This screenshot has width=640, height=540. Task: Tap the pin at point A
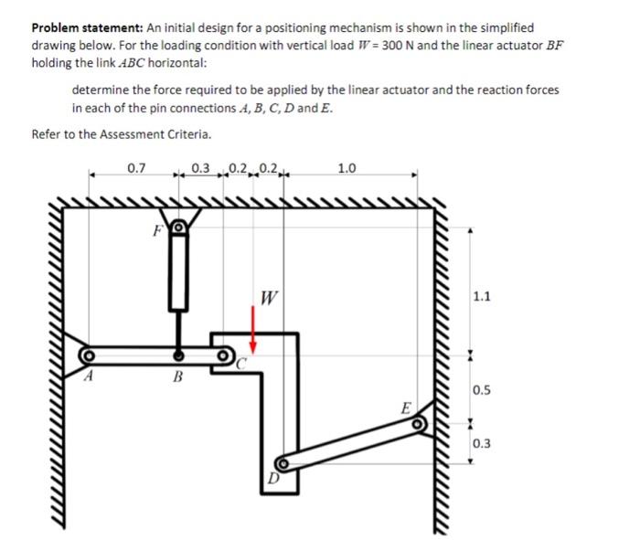(89, 355)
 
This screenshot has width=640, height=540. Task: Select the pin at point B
(179, 355)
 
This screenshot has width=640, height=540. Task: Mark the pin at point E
(418, 423)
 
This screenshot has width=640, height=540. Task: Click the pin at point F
(180, 228)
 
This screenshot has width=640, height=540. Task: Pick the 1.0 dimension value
(347, 168)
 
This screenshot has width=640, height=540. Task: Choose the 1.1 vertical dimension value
(483, 296)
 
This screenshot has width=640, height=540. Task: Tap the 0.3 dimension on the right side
(483, 444)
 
